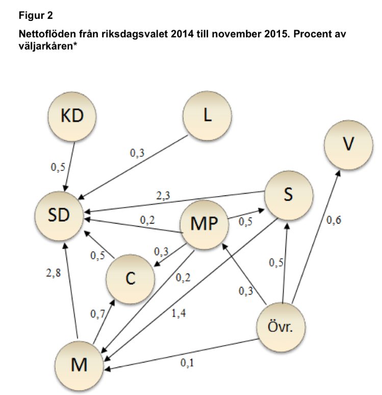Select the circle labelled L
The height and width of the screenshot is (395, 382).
pyautogui.click(x=207, y=115)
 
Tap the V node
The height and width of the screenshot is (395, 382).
pyautogui.click(x=348, y=145)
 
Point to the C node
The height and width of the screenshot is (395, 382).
pyautogui.click(x=130, y=278)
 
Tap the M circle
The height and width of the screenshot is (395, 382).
pyautogui.click(x=79, y=365)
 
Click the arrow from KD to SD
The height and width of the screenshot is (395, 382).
pyautogui.click(x=70, y=163)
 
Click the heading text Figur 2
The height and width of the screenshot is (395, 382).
pyautogui.click(x=36, y=15)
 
